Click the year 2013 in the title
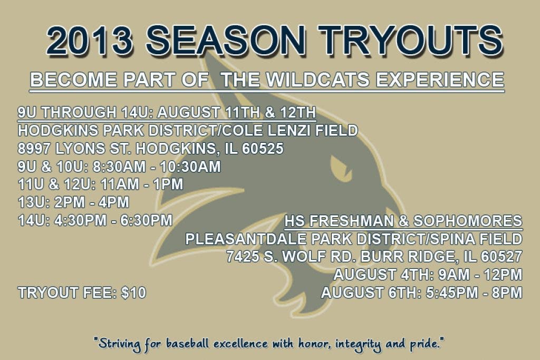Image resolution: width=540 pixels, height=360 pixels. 90,40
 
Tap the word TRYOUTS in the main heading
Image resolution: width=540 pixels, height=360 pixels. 410,40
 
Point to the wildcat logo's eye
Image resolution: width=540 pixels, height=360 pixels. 341,167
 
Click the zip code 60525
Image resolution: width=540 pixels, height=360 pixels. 263,149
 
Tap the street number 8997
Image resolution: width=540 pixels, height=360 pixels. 34,149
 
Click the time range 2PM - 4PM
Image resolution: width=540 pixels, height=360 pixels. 91,202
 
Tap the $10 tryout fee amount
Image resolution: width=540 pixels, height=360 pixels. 133,293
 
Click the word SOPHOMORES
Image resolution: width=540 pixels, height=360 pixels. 468,221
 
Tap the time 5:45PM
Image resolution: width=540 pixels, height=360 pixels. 452,293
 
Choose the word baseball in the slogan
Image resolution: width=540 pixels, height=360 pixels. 188,344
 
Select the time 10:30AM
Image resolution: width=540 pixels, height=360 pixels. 190,167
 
